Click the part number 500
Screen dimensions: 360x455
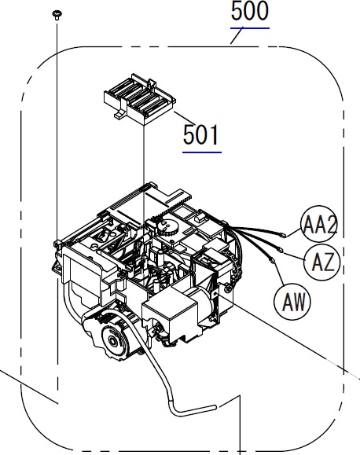250,11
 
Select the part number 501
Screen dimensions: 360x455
201,135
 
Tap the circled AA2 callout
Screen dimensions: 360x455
320,224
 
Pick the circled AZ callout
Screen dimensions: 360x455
322,262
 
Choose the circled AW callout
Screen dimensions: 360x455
292,302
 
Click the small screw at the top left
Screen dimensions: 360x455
56,15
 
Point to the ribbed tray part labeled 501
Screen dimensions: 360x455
140,99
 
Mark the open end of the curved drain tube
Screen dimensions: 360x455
215,407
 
